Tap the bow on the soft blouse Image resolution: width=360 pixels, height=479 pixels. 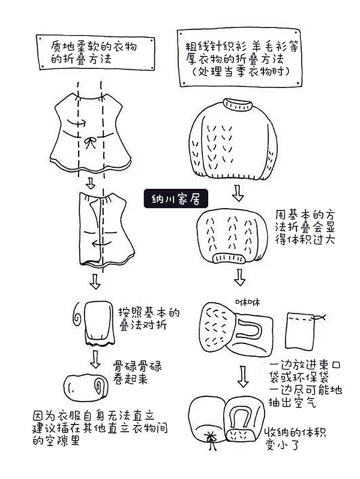click(91, 143)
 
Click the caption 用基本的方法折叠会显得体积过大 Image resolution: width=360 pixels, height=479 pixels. click(304, 227)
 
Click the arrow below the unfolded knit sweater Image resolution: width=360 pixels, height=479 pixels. click(238, 193)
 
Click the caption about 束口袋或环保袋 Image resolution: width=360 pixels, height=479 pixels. click(305, 384)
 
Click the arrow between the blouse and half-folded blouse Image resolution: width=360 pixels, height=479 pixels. click(91, 182)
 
